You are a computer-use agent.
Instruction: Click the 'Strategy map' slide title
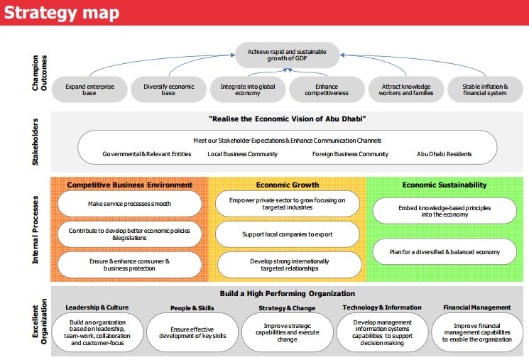click(x=61, y=13)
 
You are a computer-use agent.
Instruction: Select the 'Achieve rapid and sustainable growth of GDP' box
click(x=287, y=55)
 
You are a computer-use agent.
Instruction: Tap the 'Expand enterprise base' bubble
click(x=89, y=89)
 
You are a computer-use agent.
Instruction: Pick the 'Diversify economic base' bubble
click(x=169, y=89)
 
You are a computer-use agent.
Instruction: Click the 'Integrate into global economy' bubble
click(x=248, y=89)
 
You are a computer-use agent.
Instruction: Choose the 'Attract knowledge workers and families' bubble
click(x=406, y=89)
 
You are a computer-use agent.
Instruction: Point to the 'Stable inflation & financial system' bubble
click(x=485, y=89)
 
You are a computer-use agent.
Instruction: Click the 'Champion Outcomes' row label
click(x=40, y=73)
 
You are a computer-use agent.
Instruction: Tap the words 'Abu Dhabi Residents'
click(x=444, y=154)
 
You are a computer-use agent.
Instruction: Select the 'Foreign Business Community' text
click(x=350, y=154)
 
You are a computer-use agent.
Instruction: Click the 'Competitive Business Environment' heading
click(x=129, y=185)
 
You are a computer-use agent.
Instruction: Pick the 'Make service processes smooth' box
click(x=129, y=204)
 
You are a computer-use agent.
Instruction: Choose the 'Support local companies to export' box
click(x=287, y=234)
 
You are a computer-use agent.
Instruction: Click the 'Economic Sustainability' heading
click(x=445, y=185)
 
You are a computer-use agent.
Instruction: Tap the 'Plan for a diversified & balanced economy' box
click(x=445, y=251)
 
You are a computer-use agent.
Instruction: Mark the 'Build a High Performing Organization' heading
click(x=287, y=293)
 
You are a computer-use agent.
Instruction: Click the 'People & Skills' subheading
click(x=192, y=308)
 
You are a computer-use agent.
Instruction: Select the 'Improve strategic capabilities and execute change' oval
click(x=287, y=332)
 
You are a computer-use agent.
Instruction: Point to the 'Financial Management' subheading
click(x=476, y=307)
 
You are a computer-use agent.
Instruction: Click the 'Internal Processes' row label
click(x=35, y=230)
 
